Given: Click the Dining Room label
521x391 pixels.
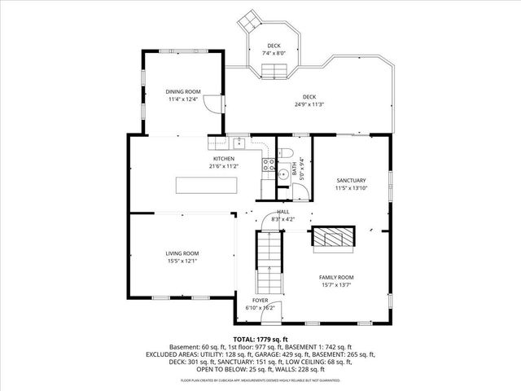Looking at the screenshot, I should coord(182,92).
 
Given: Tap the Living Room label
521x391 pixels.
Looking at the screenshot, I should coord(182,253).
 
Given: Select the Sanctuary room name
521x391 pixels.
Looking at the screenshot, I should coord(351,181).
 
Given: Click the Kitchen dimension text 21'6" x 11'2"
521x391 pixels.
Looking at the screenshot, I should coord(224,165).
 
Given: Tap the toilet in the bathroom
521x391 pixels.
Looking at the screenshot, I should coord(283,153).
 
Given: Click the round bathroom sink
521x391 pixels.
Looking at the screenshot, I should coord(282,173).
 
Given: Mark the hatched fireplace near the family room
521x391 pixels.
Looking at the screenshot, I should coord(334,239).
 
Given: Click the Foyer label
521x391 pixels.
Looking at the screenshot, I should coord(260,301).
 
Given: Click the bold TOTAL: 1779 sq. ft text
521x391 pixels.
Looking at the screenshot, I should coord(260,339).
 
